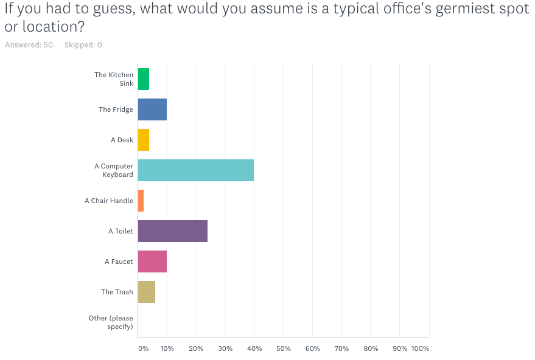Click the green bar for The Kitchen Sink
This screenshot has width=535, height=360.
pos(144,79)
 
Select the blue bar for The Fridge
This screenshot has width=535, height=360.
pos(152,109)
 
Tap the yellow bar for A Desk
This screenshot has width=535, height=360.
pos(144,140)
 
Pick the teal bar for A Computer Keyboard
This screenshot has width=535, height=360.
pos(196,170)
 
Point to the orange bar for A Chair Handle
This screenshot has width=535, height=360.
pos(141,201)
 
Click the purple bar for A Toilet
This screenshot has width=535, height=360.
pos(173,231)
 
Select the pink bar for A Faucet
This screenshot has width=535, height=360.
pos(152,261)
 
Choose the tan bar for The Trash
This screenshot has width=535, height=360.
pos(147,292)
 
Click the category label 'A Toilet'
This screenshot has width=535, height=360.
pos(121,231)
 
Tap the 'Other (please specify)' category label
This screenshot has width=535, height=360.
pos(111,322)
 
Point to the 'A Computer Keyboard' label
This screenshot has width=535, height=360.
pos(114,170)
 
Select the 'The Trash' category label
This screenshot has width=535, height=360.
pos(117,292)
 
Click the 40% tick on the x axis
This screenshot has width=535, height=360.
pos(254,348)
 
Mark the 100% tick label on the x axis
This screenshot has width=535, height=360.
pos(420,348)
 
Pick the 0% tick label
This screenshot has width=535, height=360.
pos(143,348)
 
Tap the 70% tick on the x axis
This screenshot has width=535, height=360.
pos(341,348)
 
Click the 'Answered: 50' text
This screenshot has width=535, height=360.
pos(29,45)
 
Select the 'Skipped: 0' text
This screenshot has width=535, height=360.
pos(83,45)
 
